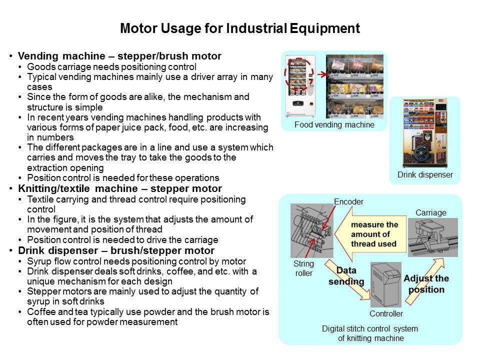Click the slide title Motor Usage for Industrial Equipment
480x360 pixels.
(x=239, y=28)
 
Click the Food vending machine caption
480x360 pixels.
(x=334, y=124)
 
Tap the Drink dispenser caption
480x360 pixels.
(x=425, y=174)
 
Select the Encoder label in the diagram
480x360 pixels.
(x=348, y=201)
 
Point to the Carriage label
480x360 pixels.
(x=430, y=213)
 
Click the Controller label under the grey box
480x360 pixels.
(x=386, y=314)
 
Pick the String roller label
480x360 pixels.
(x=303, y=268)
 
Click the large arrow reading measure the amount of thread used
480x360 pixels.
(x=370, y=234)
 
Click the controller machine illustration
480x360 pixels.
(x=385, y=284)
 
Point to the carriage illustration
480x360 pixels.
(x=433, y=237)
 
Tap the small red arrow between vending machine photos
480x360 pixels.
(x=321, y=74)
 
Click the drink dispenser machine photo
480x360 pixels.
(x=425, y=133)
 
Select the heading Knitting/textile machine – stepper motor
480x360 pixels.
(x=120, y=188)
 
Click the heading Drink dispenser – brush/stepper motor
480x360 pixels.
(x=116, y=250)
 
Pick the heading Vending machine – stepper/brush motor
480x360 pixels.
(x=119, y=56)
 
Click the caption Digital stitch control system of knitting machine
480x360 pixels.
(x=370, y=333)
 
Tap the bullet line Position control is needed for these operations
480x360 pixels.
(x=123, y=178)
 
